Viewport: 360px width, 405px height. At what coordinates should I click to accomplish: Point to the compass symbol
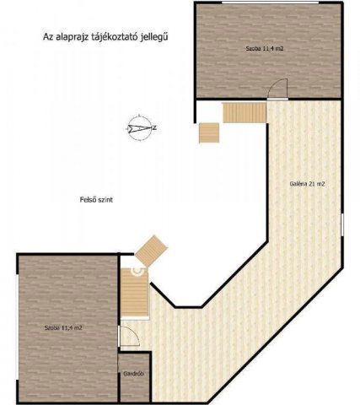[138, 127]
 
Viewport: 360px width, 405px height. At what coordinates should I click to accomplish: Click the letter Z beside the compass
[158, 127]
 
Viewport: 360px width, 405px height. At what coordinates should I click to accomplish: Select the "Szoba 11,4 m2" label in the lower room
[64, 326]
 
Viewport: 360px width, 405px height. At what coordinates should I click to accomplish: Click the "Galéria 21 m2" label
[307, 183]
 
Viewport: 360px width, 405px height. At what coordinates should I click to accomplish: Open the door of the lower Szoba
[127, 334]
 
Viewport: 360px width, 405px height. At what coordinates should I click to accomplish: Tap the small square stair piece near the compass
[208, 132]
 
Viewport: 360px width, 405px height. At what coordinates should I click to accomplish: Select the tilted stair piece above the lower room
[153, 248]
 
